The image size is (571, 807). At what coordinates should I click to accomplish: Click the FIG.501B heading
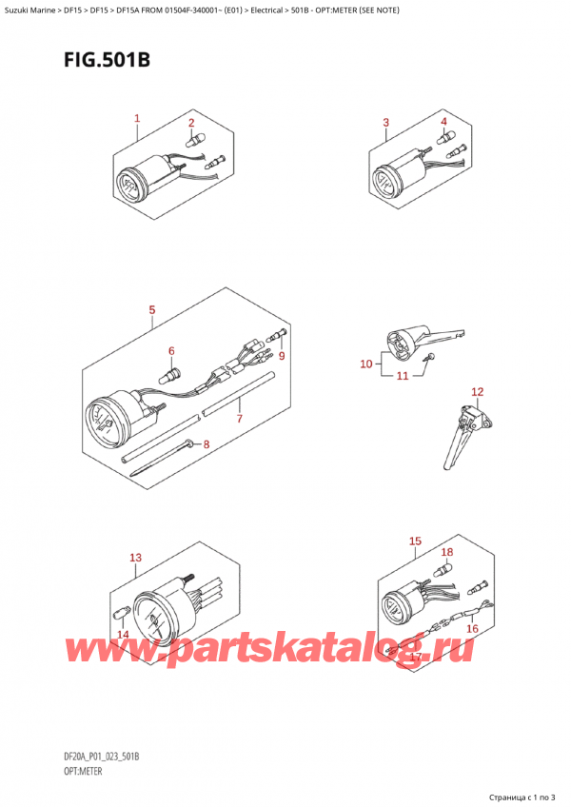point(108,60)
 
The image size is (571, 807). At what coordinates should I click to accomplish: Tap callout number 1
point(137,118)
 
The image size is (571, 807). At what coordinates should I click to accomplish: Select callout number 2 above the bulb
point(191,123)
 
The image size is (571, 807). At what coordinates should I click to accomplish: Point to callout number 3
point(385,123)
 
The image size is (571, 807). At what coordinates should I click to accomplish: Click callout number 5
point(152,310)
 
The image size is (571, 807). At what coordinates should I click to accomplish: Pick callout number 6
point(171,351)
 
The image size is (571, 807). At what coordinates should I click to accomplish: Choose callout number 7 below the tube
point(240,419)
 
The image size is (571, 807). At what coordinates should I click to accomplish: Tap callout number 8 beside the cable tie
point(207,444)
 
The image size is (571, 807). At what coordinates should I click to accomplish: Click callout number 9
point(281,356)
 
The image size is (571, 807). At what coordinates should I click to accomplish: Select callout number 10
point(366,364)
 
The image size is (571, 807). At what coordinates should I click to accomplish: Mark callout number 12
point(478,392)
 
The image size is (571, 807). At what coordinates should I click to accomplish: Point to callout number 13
point(135,558)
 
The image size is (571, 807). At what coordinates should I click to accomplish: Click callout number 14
point(123,635)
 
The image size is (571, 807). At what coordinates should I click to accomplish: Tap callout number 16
point(472,628)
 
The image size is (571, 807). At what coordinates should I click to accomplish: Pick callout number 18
point(447,552)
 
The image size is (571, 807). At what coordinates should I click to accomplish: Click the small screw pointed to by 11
point(429,357)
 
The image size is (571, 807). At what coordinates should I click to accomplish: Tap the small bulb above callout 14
point(120,614)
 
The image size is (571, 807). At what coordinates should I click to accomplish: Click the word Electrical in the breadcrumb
point(266,10)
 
